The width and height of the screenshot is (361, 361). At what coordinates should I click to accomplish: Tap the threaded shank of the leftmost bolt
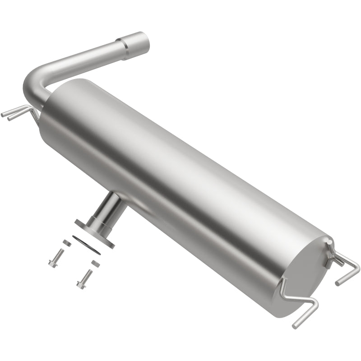[x=60, y=253]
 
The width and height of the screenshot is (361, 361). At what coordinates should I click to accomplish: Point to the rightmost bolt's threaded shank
[x=88, y=275]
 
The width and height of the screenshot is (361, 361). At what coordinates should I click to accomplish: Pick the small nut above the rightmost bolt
[x=95, y=263]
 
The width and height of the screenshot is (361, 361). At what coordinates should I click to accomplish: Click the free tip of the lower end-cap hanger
[x=296, y=325]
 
